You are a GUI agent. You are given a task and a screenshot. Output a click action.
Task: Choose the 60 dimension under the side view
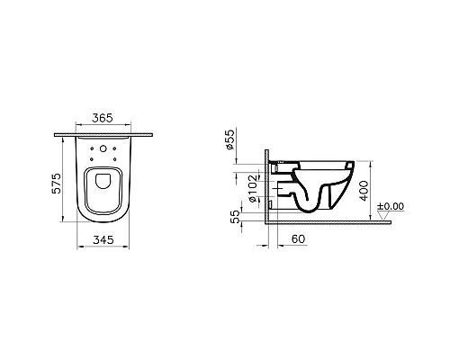[297, 239]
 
